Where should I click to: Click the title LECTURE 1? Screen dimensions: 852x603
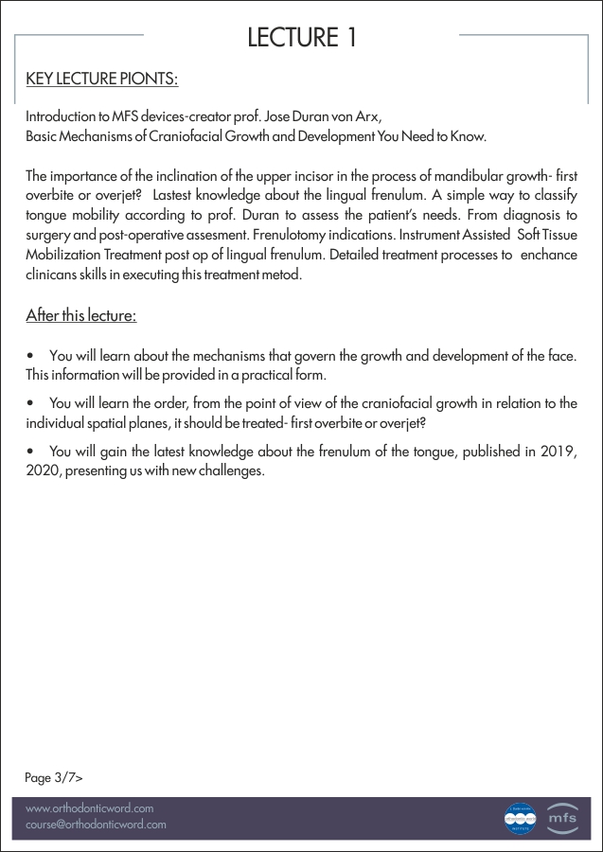(x=301, y=38)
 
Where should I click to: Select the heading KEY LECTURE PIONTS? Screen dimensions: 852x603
(x=102, y=79)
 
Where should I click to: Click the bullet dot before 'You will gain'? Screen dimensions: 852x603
(x=31, y=451)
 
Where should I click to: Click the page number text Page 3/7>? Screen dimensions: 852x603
(x=54, y=777)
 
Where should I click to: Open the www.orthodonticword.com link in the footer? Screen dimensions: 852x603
(x=89, y=808)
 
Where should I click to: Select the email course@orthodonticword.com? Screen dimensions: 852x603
(x=96, y=825)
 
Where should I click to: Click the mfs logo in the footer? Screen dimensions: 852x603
(x=561, y=817)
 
